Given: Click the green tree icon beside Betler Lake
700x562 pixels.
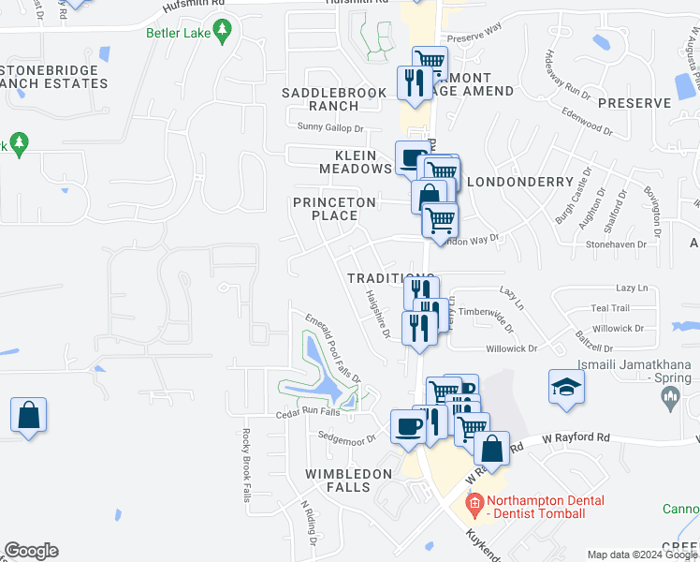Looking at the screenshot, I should pyautogui.click(x=222, y=32).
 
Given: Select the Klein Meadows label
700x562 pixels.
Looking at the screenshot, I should pyautogui.click(x=355, y=161).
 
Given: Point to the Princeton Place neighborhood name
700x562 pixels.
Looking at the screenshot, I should pyautogui.click(x=334, y=208).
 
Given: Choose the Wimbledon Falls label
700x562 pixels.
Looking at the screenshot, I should pyautogui.click(x=348, y=481).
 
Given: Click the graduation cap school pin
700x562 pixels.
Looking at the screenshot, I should pyautogui.click(x=566, y=388).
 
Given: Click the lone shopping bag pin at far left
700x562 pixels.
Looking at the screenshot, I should pyautogui.click(x=29, y=415).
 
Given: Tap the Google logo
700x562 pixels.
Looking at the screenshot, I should pyautogui.click(x=31, y=551).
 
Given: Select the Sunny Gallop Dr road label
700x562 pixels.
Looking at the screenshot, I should pyautogui.click(x=329, y=127).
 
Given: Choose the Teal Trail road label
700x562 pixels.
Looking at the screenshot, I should pyautogui.click(x=610, y=308).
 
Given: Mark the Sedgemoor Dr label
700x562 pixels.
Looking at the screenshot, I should pyautogui.click(x=346, y=437).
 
